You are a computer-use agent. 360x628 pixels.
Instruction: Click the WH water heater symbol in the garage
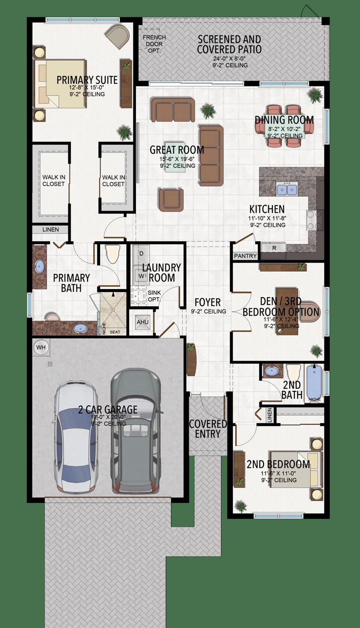41,348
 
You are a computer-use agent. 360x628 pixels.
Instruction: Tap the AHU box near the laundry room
142,322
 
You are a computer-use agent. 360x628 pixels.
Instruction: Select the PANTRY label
245,256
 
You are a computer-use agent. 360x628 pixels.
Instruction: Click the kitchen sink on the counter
287,190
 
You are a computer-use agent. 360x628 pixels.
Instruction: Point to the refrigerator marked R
274,248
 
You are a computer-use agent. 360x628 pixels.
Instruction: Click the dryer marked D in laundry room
142,254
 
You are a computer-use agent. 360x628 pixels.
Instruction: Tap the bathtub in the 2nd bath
314,383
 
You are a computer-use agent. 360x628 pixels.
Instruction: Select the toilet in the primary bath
112,254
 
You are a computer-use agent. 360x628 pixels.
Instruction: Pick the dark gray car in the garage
135,431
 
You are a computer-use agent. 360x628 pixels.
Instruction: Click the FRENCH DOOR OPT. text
154,44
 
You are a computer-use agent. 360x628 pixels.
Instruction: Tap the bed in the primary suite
61,84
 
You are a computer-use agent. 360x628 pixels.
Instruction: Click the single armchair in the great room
171,200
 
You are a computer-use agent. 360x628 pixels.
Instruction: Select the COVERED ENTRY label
208,429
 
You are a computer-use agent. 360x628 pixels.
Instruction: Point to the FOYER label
207,302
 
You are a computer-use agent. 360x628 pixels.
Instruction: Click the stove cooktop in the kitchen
315,220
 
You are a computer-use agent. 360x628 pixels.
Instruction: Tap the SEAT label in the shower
115,332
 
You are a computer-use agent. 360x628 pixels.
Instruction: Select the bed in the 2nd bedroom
296,469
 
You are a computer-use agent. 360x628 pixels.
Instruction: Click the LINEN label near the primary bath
51,229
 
